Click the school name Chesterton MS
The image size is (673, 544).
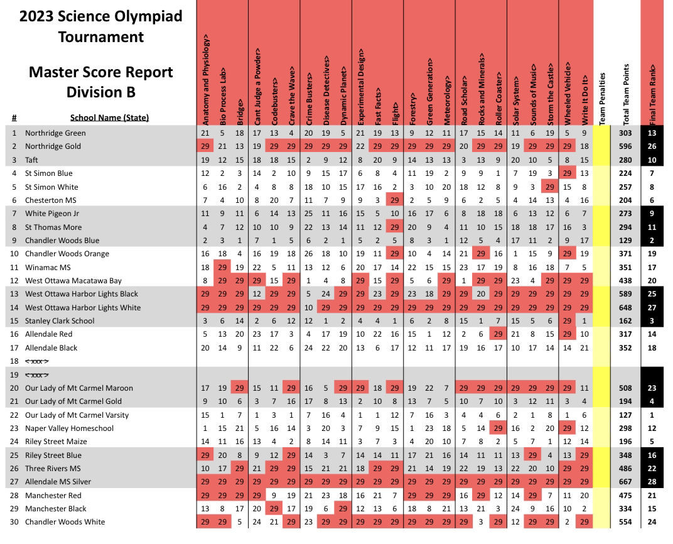click(x=50, y=200)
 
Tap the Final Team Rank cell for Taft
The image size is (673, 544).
click(x=653, y=160)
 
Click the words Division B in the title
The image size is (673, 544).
click(x=100, y=92)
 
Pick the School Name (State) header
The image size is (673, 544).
click(x=109, y=117)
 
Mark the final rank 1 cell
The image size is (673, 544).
click(x=653, y=415)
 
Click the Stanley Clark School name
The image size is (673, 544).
click(x=60, y=321)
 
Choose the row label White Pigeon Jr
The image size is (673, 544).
click(x=53, y=214)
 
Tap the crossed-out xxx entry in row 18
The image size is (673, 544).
click(x=37, y=361)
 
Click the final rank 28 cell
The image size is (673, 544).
click(x=653, y=482)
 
